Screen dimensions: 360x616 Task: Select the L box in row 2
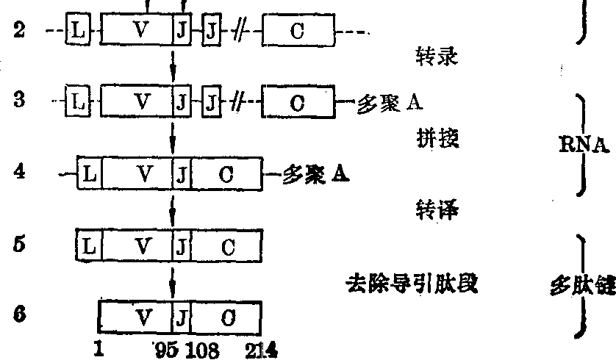coord(76,32)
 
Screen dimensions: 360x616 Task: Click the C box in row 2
coord(297,32)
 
